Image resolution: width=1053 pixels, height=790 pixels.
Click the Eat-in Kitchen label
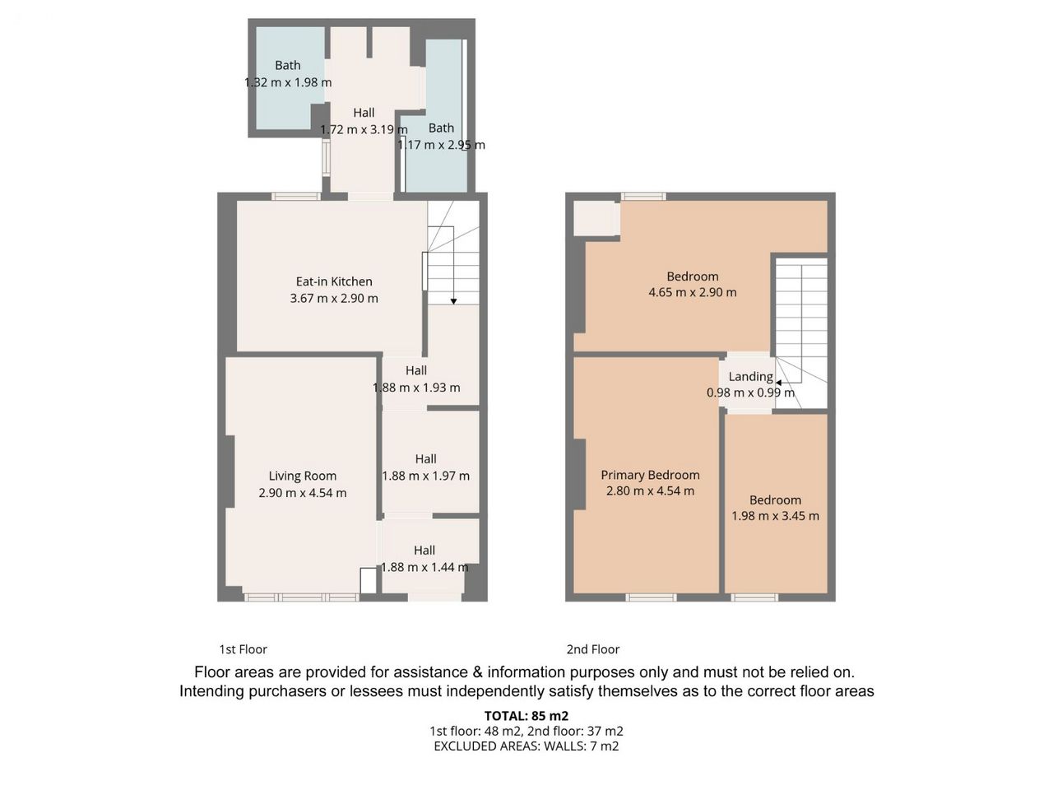[x=334, y=281]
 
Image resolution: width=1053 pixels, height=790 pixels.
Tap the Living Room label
[x=302, y=476]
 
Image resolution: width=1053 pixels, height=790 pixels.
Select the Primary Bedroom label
[x=650, y=475]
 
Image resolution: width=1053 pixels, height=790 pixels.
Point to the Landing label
[x=751, y=377]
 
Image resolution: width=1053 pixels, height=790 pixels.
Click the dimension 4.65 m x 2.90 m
[x=692, y=292]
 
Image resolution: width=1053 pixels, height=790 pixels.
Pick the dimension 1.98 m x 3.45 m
[x=775, y=516]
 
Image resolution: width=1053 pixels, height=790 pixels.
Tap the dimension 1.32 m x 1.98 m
[x=288, y=82]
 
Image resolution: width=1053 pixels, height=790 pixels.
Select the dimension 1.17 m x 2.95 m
[x=441, y=144]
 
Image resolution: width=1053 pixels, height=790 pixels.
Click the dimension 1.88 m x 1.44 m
[x=424, y=567]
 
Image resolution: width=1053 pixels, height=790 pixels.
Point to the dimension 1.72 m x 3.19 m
[x=364, y=129]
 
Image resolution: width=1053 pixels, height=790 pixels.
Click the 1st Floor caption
[x=244, y=649]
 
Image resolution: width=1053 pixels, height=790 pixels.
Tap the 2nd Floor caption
[x=593, y=649]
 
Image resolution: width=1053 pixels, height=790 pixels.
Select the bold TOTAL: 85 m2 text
[x=526, y=716]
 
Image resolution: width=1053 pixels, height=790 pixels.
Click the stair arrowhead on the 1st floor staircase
[x=453, y=301]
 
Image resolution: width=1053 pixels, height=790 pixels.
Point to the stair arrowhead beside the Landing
[x=778, y=383]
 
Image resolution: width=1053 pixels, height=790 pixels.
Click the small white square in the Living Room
[x=368, y=580]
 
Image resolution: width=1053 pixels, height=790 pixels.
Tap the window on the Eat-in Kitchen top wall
[x=296, y=196]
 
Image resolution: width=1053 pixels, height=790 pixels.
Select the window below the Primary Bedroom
[x=651, y=597]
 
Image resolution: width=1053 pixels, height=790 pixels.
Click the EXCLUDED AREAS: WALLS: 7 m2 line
[x=526, y=746]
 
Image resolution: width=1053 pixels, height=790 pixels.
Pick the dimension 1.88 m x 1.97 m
[x=425, y=476]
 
